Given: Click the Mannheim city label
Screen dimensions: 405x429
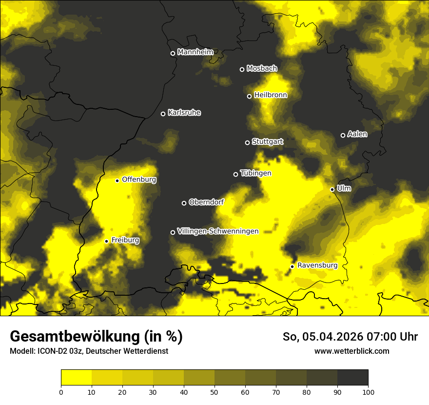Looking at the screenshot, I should pyautogui.click(x=195, y=52).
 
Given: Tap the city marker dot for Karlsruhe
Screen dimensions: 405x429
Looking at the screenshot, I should pyautogui.click(x=163, y=114).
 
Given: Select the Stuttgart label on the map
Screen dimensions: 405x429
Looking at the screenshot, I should pyautogui.click(x=267, y=142).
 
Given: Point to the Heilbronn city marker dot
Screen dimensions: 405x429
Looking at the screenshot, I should pyautogui.click(x=249, y=97).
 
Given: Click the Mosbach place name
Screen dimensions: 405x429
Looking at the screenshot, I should pyautogui.click(x=261, y=69).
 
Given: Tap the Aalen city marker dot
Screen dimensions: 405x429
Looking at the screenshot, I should pyautogui.click(x=343, y=136).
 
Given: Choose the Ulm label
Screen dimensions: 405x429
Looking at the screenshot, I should pyautogui.click(x=344, y=188).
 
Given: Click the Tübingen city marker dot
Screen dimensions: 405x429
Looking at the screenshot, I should pyautogui.click(x=235, y=175).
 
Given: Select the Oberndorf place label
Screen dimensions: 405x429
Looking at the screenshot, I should pyautogui.click(x=207, y=202).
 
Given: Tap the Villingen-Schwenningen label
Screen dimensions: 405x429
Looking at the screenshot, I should pyautogui.click(x=218, y=231).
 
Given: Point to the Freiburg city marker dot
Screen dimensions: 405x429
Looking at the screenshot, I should pyautogui.click(x=106, y=242).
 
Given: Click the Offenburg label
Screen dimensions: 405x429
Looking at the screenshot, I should pyautogui.click(x=139, y=180).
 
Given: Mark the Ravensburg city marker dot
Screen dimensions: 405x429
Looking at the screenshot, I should pyautogui.click(x=292, y=266).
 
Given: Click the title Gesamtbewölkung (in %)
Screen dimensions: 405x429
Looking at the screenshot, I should pyautogui.click(x=96, y=337).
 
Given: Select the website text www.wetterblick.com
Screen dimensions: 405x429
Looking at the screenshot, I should pyautogui.click(x=351, y=351).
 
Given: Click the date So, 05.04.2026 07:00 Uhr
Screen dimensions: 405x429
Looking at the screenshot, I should pyautogui.click(x=350, y=337).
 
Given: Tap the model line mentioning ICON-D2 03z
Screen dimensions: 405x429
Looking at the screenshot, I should pyautogui.click(x=89, y=351).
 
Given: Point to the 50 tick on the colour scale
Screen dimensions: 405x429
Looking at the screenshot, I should pyautogui.click(x=214, y=392).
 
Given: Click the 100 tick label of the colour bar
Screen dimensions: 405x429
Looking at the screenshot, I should pyautogui.click(x=368, y=392).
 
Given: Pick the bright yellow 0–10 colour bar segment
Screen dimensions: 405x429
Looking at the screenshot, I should pyautogui.click(x=77, y=378).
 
